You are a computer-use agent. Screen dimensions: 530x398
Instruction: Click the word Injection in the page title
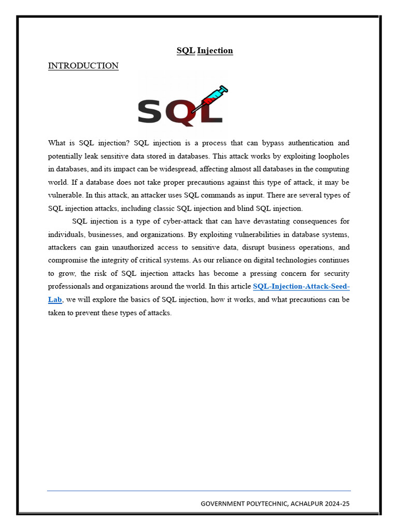click(x=215, y=51)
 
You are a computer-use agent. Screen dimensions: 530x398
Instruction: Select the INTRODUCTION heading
click(x=83, y=66)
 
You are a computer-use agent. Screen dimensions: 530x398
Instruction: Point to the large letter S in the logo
click(x=150, y=112)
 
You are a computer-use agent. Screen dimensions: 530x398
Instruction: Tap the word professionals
click(x=69, y=287)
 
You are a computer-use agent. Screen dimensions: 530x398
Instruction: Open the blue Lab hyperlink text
click(x=55, y=300)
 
